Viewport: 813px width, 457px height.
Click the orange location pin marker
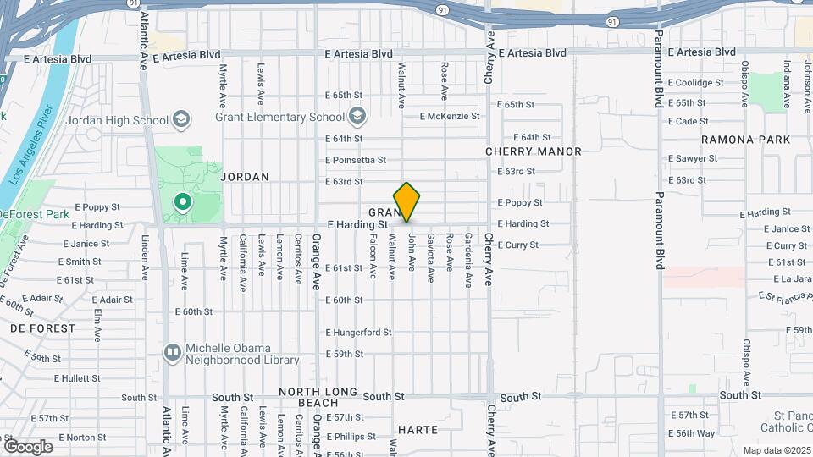(x=406, y=201)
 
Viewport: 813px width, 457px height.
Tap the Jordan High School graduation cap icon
(x=180, y=119)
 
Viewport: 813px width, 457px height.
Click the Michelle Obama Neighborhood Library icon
(x=173, y=351)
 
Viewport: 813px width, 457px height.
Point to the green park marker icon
(x=180, y=202)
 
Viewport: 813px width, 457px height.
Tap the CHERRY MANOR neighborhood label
(x=533, y=151)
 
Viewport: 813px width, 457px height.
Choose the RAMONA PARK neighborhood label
(x=745, y=140)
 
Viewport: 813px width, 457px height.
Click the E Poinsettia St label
(x=355, y=160)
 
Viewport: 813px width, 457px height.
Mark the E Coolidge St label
(x=695, y=83)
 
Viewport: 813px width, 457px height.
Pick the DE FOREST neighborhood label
(x=42, y=328)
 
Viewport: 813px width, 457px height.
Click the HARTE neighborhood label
(x=418, y=430)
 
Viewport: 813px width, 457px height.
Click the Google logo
(x=28, y=446)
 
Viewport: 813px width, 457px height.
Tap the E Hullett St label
(x=76, y=378)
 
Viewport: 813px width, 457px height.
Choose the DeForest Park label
(x=34, y=215)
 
